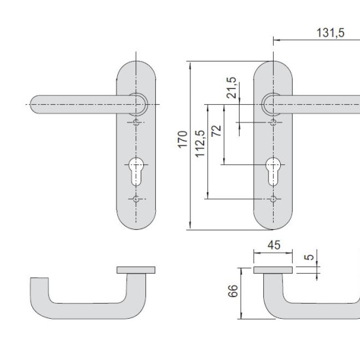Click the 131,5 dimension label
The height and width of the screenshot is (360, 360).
(x=331, y=33)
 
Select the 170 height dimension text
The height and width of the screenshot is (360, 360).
(x=183, y=139)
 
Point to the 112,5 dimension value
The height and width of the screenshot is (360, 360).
(x=200, y=143)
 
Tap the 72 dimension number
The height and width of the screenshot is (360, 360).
(x=216, y=131)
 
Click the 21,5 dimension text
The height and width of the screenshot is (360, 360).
(x=231, y=88)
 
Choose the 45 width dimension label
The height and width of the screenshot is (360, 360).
(x=274, y=245)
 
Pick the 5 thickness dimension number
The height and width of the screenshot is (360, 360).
(x=309, y=257)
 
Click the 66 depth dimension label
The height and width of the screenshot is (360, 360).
(x=233, y=291)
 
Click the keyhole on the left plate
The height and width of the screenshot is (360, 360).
(x=136, y=171)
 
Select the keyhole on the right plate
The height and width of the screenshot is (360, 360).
(x=273, y=171)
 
